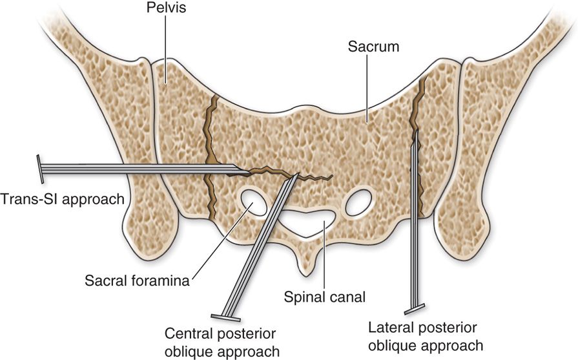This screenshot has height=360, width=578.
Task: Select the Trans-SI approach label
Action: coord(62,198)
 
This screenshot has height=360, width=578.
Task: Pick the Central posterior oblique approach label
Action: coord(222,343)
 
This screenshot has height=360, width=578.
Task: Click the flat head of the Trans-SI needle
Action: coord(40,168)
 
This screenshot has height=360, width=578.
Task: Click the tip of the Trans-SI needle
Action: coord(248,173)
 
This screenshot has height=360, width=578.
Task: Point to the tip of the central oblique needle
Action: coord(298,174)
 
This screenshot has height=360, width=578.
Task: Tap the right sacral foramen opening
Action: coord(359,204)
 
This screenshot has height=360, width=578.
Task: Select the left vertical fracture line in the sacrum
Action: coord(209,149)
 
